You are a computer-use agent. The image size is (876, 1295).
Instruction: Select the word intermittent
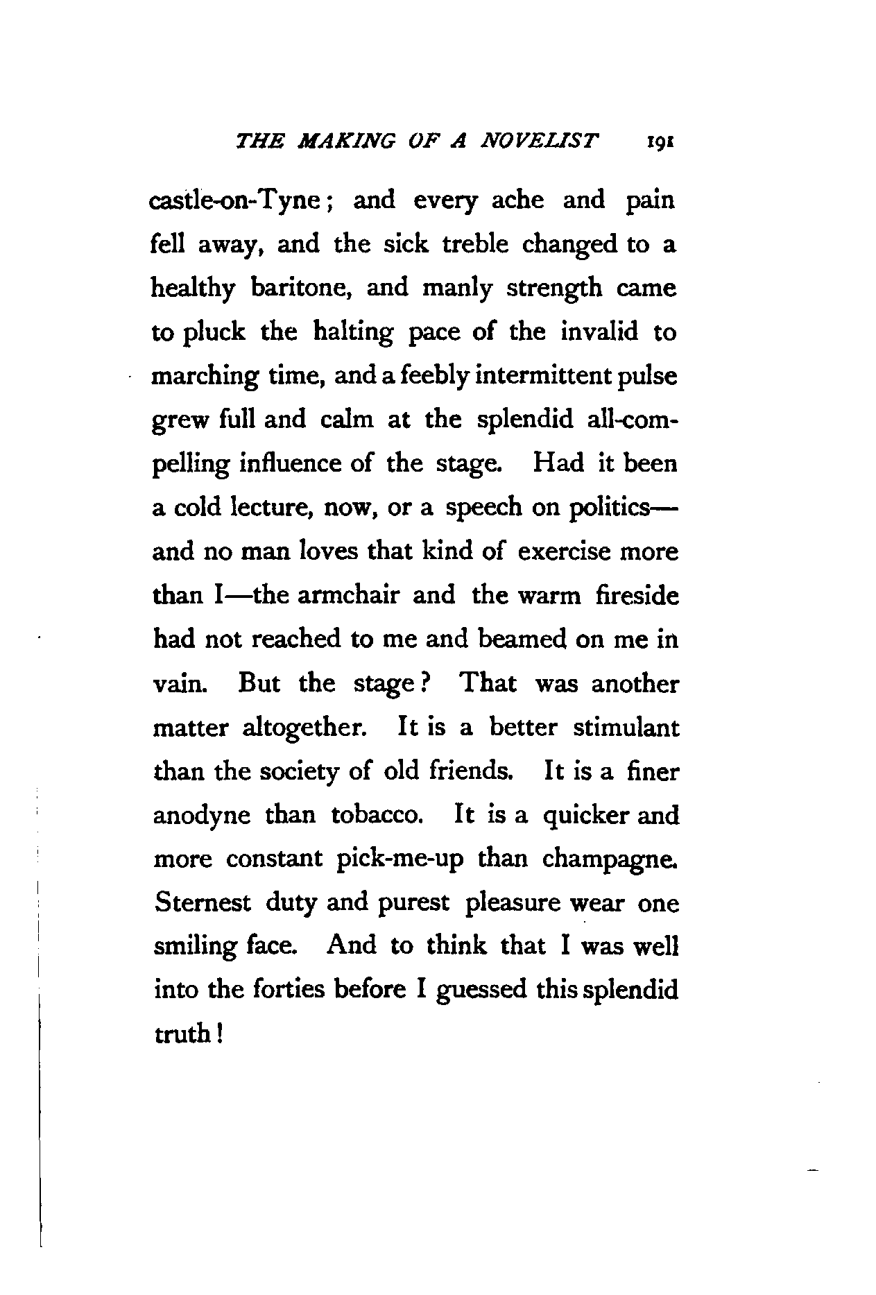coord(522,377)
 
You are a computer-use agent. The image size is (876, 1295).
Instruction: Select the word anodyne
coord(201,816)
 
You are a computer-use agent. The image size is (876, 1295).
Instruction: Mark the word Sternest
coord(201,903)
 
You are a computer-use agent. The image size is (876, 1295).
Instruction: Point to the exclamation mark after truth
coord(219,1034)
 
